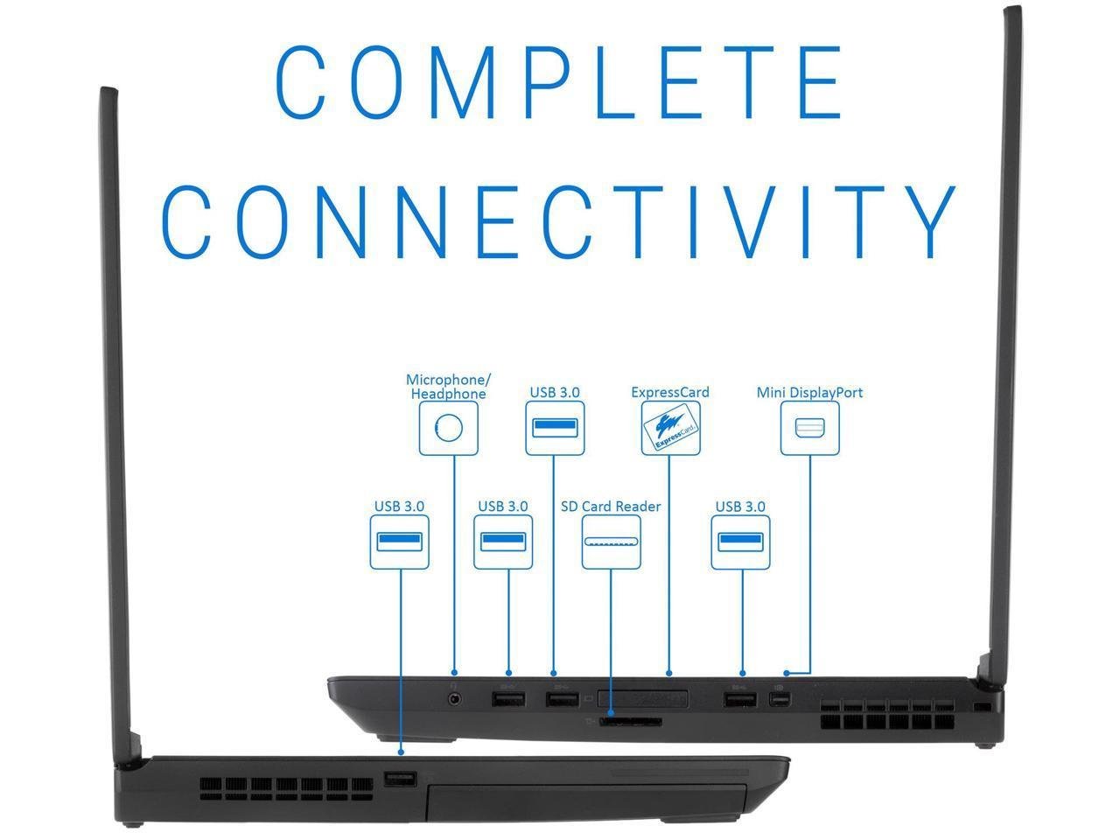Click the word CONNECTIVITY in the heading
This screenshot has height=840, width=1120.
(560, 219)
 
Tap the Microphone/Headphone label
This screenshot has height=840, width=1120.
(448, 387)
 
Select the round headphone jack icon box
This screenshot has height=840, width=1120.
(449, 428)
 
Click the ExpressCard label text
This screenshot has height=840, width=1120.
(670, 392)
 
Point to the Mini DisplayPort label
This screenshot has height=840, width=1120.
(809, 392)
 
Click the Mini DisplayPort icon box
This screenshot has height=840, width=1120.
(809, 428)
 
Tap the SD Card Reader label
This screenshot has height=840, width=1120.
(611, 506)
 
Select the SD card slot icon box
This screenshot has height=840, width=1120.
(611, 542)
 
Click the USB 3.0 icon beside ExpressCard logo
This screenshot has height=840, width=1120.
(555, 428)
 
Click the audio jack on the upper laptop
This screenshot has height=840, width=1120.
(454, 699)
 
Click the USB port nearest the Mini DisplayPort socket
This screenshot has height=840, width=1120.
(740, 700)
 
